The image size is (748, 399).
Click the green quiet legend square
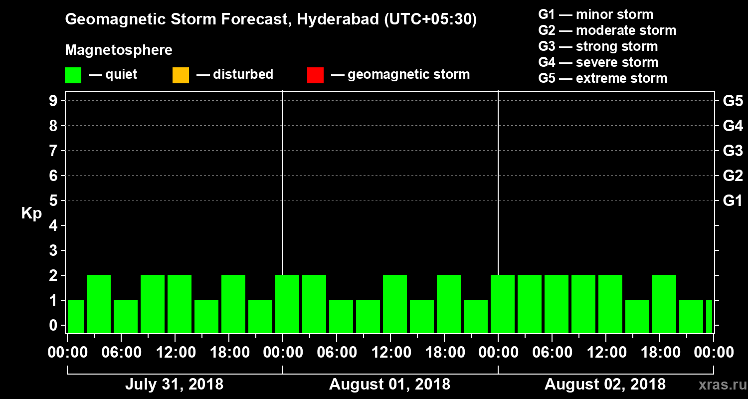pyautogui.click(x=73, y=75)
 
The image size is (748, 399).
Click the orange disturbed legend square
pyautogui.click(x=181, y=75)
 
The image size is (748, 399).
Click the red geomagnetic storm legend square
pyautogui.click(x=315, y=75)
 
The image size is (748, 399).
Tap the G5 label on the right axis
pyautogui.click(x=733, y=101)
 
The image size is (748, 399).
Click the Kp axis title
pyautogui.click(x=31, y=213)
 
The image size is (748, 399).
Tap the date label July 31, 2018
pyautogui.click(x=174, y=385)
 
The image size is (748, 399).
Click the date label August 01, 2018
pyautogui.click(x=389, y=385)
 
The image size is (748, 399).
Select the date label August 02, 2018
pyautogui.click(x=605, y=385)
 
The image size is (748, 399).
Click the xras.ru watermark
pyautogui.click(x=719, y=385)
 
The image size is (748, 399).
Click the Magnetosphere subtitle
pyautogui.click(x=119, y=50)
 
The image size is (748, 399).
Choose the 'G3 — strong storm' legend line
pyautogui.click(x=598, y=46)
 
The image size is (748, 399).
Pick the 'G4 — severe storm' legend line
pyautogui.click(x=598, y=62)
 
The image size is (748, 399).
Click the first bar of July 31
pyautogui.click(x=76, y=316)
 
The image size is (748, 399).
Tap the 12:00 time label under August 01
pyautogui.click(x=390, y=353)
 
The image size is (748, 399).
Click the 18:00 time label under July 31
pyautogui.click(x=229, y=353)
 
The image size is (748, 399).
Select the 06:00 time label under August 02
pyautogui.click(x=552, y=353)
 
